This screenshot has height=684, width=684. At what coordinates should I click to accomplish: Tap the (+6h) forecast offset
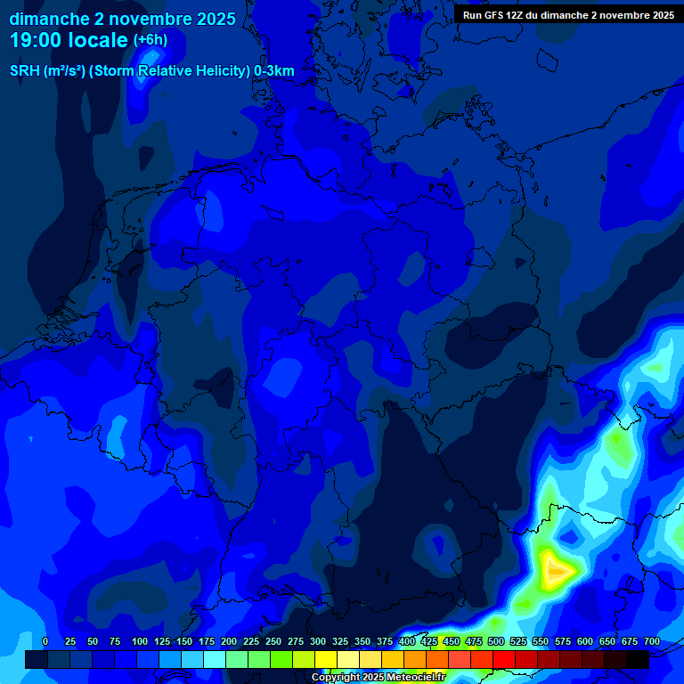[151, 40]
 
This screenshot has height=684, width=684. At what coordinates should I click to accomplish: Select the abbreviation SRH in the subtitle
[25, 71]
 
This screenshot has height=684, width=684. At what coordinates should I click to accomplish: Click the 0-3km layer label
[274, 71]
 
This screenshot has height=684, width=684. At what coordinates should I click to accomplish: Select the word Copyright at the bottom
[337, 678]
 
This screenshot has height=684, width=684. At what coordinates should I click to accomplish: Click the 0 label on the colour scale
[45, 641]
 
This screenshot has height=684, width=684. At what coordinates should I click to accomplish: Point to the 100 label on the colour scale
[140, 641]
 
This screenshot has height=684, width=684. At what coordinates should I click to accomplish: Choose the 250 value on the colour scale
[273, 641]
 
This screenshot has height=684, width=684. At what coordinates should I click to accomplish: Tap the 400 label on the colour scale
[407, 641]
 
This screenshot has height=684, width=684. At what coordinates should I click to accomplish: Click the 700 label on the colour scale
[652, 641]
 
